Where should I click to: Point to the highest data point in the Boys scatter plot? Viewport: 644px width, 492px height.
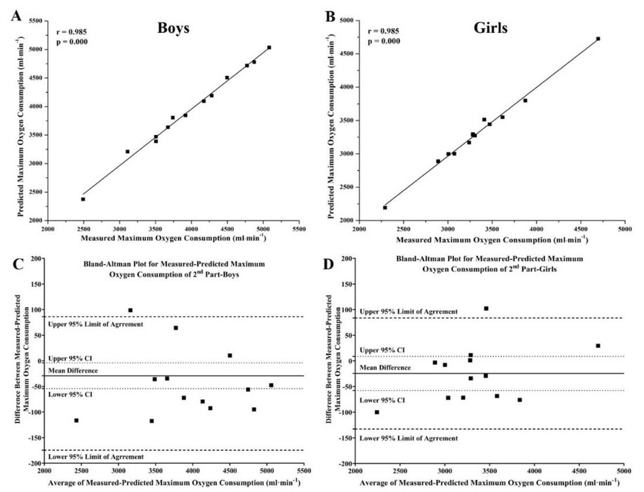point(269,48)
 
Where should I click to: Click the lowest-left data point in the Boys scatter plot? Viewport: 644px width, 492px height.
point(83,199)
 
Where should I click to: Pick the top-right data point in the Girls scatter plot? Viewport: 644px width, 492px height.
point(598,39)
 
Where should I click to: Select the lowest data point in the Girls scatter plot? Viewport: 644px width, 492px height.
point(385,207)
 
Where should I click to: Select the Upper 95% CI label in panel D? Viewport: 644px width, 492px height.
point(382,349)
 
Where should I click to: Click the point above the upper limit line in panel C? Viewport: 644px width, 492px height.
point(130,310)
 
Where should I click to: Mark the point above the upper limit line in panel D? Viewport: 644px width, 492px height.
point(485,309)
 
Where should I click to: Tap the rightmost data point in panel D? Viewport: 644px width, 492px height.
point(598,346)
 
